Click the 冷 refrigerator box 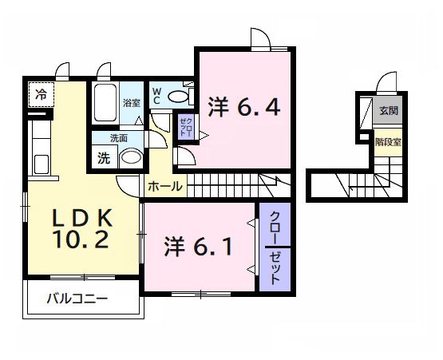tap(41, 94)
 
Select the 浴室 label tap(132, 103)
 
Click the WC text tap(156, 96)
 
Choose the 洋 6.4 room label tap(244, 107)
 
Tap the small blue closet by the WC tap(185, 127)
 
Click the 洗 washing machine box tap(104, 157)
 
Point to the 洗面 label tap(119, 137)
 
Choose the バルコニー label tap(76, 299)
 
